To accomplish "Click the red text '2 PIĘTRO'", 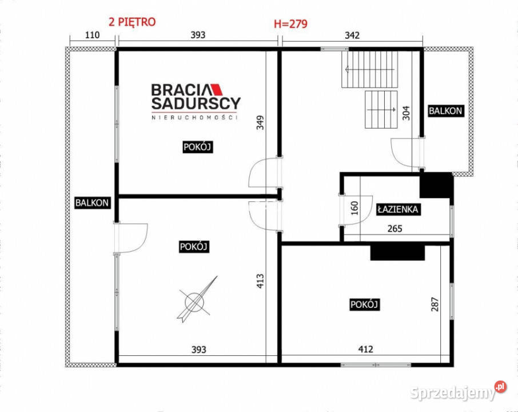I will [x=132, y=22].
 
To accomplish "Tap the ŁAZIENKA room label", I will [x=398, y=209].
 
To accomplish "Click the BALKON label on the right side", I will [x=446, y=111].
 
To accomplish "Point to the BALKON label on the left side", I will [x=91, y=202].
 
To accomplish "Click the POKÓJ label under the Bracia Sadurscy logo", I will [x=198, y=147].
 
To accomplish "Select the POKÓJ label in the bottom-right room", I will [x=365, y=305].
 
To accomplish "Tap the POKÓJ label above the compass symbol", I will [x=194, y=247].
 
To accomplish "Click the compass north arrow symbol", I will [x=196, y=299].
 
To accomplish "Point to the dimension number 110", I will [x=92, y=35].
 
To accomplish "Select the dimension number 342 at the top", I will [x=352, y=35].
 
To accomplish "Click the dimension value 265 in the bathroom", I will [x=395, y=229].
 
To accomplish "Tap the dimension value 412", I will [x=365, y=349].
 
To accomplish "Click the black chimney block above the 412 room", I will [x=397, y=252].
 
